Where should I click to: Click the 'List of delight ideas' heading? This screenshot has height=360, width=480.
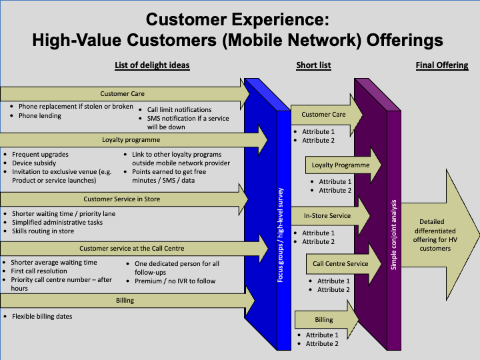[x=152, y=65]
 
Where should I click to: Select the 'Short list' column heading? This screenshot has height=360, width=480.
[x=313, y=65]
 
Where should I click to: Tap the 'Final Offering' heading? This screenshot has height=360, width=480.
[x=441, y=65]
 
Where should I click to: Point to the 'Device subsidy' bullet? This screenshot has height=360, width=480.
[x=34, y=163]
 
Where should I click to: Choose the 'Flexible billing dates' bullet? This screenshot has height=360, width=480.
[x=41, y=316]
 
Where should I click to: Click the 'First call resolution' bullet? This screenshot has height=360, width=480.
[x=39, y=271]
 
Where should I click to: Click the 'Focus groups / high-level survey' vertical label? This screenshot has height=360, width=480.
[x=283, y=233]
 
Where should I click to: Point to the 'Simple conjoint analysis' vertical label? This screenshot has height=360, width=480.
[x=393, y=233]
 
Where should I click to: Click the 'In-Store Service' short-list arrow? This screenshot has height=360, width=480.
[x=327, y=216]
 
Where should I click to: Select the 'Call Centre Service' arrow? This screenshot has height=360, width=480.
[x=341, y=263]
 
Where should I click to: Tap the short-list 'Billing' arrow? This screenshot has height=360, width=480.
[x=324, y=320]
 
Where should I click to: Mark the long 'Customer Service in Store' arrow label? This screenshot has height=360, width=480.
[x=121, y=199]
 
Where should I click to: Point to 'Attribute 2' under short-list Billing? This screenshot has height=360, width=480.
[x=322, y=344]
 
